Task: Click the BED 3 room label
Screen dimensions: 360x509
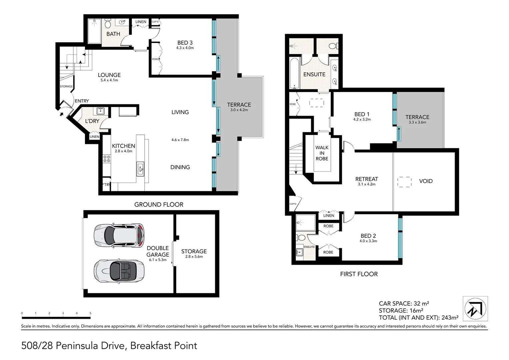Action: pos(185,43)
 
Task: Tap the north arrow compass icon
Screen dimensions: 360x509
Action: pos(475,309)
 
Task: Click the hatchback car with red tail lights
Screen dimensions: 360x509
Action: pos(119,235)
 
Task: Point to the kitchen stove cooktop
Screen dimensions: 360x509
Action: pos(107,159)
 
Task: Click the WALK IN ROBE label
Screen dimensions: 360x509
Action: pos(322,153)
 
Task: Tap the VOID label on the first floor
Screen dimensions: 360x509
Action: pos(426,181)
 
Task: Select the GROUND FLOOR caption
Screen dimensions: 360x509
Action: pos(159,204)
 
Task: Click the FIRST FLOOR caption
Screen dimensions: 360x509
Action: pos(359,274)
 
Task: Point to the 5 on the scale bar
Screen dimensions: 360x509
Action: pos(90,313)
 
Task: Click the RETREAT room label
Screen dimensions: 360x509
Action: pos(366,179)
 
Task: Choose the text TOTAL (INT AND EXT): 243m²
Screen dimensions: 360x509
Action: pos(418,318)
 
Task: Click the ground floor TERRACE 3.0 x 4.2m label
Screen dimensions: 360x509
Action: pos(239,105)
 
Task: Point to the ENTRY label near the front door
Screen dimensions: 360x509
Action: pos(82,101)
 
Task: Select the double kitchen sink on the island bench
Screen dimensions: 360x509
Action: pos(140,169)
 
